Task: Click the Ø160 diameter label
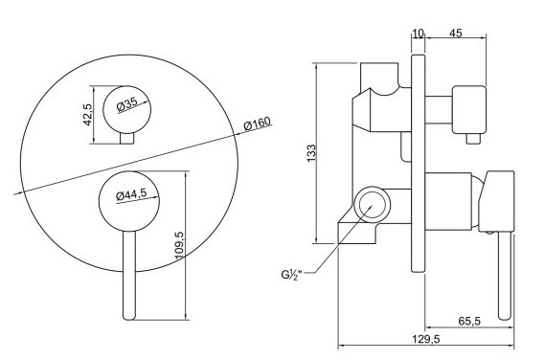point(257,124)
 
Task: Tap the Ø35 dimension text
point(127,104)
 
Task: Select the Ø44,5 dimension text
point(131,194)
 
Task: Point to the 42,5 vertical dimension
point(87,115)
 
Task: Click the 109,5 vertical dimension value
point(179,245)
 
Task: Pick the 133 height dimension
point(311,152)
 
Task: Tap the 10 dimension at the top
point(419,34)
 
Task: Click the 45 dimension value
point(456,34)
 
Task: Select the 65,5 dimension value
point(469,321)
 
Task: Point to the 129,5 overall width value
point(426,339)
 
